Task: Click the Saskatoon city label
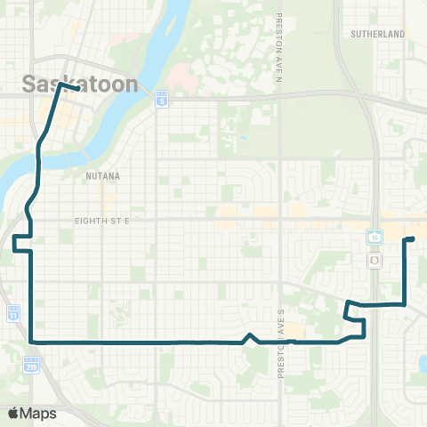pos(79,85)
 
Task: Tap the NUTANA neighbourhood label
pos(101,177)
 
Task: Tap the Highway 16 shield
pos(375,236)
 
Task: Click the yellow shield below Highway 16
pos(375,261)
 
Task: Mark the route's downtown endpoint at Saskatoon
pos(80,89)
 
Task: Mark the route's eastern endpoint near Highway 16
pos(413,238)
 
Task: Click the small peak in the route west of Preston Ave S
pos(251,335)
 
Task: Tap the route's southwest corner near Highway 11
pos(32,341)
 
